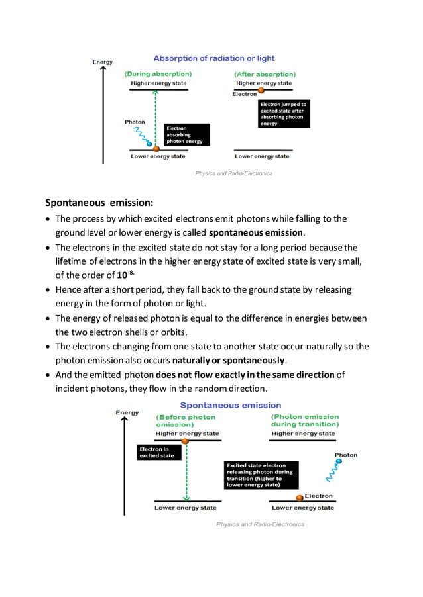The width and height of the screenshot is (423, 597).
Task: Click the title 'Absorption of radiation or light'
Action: (x=215, y=58)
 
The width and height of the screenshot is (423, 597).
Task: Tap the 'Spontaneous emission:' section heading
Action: (x=99, y=203)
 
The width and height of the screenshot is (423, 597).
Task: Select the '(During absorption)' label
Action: (x=158, y=74)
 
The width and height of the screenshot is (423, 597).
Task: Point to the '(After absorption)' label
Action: (x=265, y=74)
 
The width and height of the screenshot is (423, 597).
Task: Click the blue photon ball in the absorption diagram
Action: (x=149, y=144)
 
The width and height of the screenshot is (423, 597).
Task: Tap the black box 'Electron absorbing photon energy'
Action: (x=187, y=134)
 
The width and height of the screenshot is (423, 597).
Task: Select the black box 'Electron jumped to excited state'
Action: (x=283, y=114)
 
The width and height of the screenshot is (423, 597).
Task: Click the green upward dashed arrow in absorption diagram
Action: (x=156, y=119)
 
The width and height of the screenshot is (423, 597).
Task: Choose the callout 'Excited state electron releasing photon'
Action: (x=261, y=475)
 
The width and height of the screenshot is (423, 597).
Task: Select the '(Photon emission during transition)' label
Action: (x=305, y=420)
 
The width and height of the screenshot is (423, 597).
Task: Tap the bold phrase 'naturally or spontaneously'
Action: (x=229, y=361)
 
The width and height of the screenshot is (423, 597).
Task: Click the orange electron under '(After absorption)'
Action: (x=261, y=89)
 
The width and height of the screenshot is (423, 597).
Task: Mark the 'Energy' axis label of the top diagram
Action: (x=102, y=62)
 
